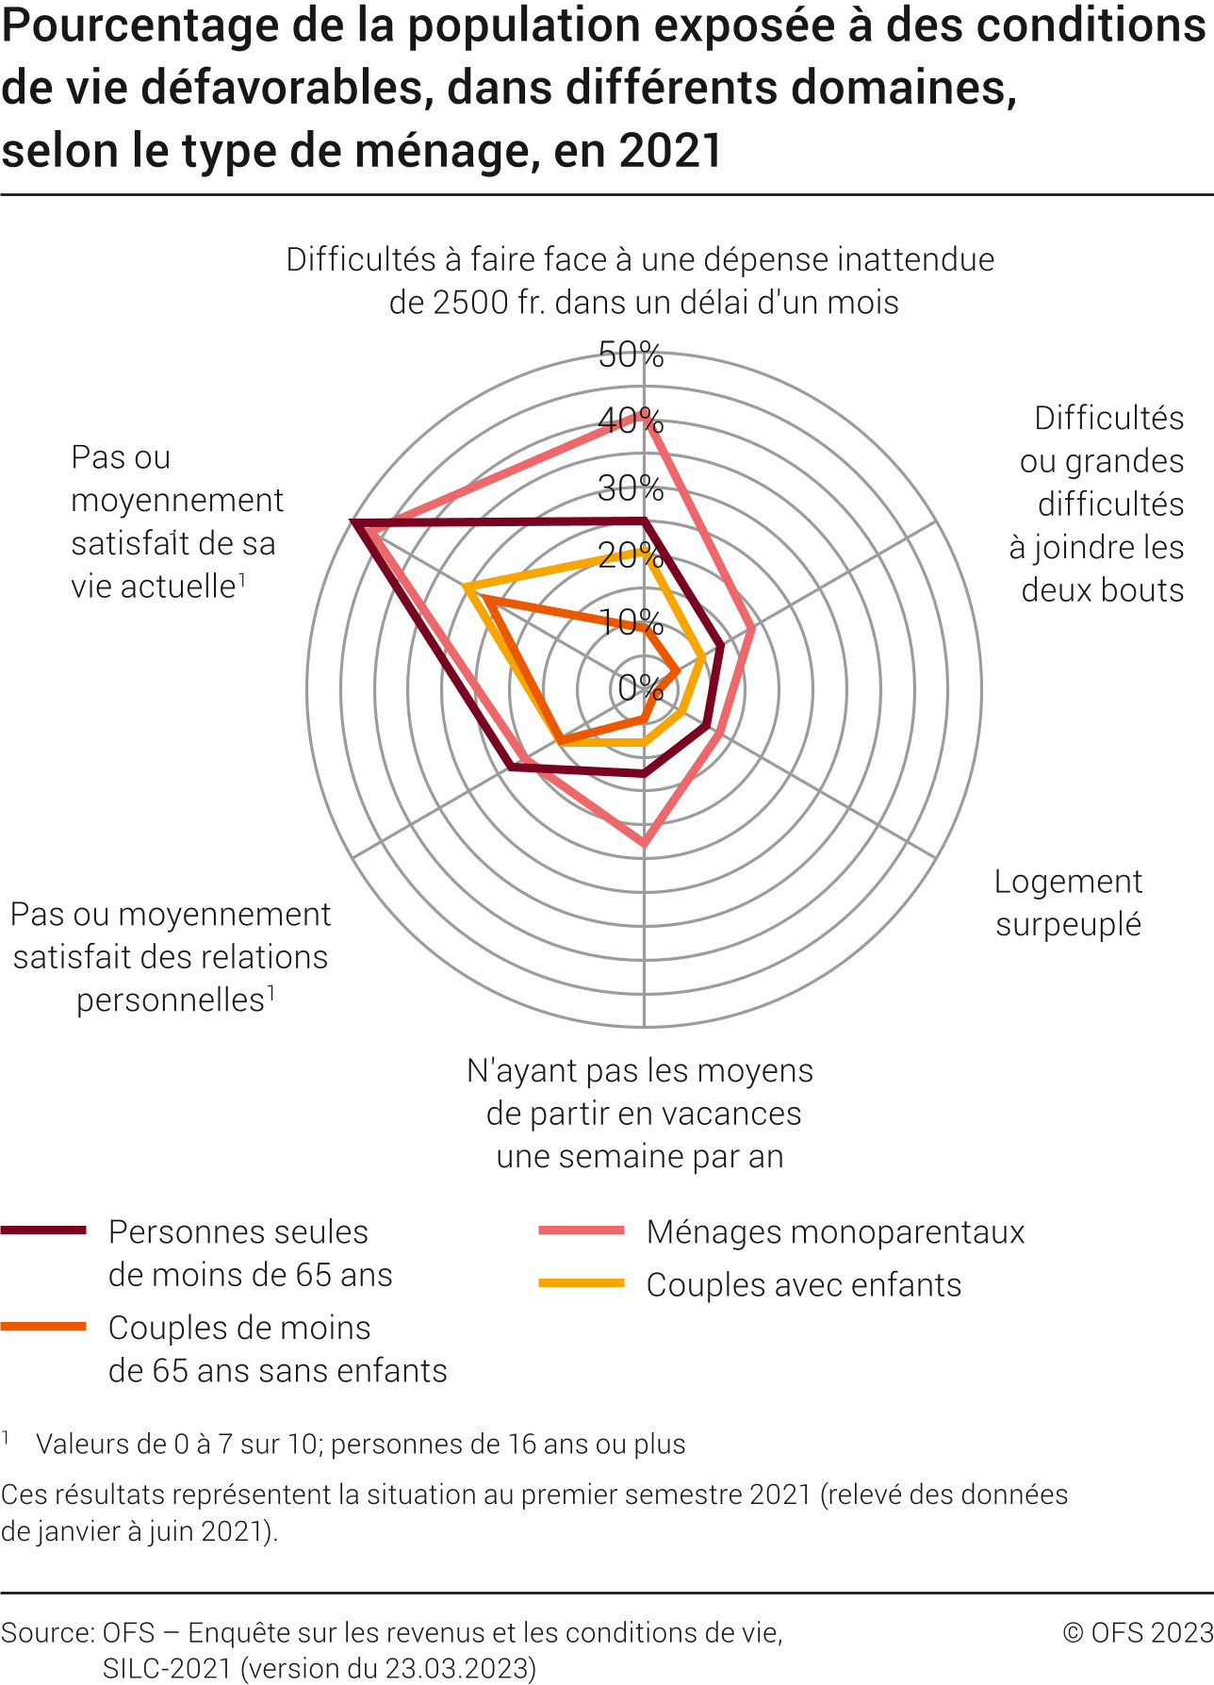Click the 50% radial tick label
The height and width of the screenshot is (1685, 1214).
point(631,355)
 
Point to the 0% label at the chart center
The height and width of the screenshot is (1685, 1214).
point(640,687)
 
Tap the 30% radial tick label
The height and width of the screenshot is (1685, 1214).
point(631,488)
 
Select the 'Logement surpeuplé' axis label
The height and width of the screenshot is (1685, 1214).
point(1068,902)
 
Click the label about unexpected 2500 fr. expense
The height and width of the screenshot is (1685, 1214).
point(641,281)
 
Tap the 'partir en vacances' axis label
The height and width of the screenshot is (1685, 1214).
point(641,1113)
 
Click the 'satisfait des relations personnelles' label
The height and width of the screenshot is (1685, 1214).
point(171,956)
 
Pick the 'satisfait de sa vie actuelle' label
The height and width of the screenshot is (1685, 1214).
point(176,521)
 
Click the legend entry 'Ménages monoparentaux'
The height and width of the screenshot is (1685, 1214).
point(835,1231)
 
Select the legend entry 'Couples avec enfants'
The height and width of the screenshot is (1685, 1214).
point(803,1284)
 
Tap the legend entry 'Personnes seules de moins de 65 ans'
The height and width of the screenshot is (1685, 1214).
point(250,1253)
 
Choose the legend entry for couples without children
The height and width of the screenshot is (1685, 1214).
point(277,1348)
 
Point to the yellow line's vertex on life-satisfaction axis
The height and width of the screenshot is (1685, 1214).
point(466,587)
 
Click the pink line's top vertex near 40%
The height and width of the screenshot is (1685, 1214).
point(644,421)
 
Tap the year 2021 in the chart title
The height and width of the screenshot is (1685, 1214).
point(670,151)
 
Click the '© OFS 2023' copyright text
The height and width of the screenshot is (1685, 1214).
point(1138,1632)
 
